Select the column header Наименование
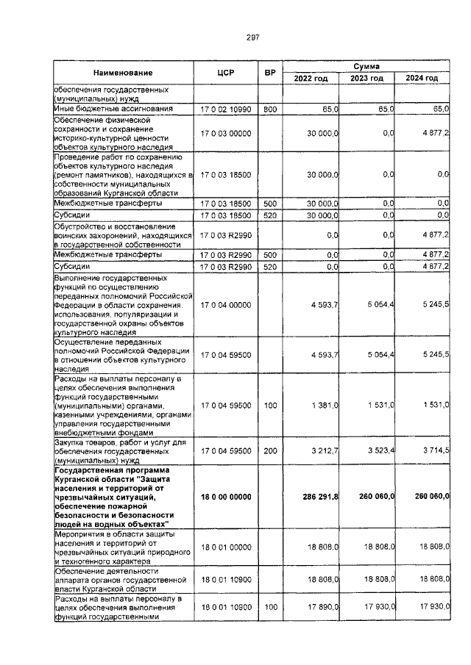122,73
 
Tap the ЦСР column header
225,73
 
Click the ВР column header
270,73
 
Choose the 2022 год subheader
311,79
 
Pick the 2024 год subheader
422,79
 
